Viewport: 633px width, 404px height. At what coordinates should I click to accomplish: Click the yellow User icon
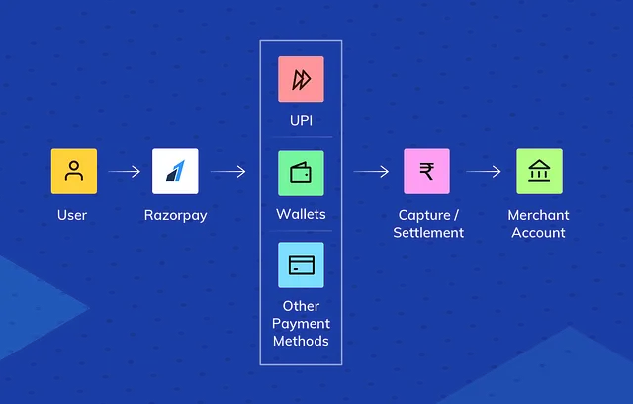click(74, 171)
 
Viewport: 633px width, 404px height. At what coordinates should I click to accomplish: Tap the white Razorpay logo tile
click(175, 171)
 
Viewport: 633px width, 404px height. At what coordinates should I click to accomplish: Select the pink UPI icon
click(301, 79)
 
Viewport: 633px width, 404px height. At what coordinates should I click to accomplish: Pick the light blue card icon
click(301, 264)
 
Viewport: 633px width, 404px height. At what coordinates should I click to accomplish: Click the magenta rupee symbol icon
click(426, 171)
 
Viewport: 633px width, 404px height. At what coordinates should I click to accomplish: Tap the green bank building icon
click(539, 171)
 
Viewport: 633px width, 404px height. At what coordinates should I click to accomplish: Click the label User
click(74, 215)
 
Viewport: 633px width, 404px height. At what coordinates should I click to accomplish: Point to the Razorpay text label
click(175, 215)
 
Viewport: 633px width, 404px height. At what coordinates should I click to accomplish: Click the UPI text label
click(301, 120)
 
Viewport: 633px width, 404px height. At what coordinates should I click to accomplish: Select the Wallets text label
click(301, 214)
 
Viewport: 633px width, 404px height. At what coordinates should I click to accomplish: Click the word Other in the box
click(301, 306)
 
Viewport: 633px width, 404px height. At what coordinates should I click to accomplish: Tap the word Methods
click(301, 341)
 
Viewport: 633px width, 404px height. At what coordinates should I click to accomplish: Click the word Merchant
click(539, 215)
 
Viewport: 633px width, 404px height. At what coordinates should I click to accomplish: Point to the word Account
click(539, 233)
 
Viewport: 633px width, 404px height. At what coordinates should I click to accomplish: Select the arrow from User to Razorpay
click(125, 172)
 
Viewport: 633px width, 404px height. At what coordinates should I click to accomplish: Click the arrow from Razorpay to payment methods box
click(227, 172)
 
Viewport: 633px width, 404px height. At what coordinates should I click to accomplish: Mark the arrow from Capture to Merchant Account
click(484, 172)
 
